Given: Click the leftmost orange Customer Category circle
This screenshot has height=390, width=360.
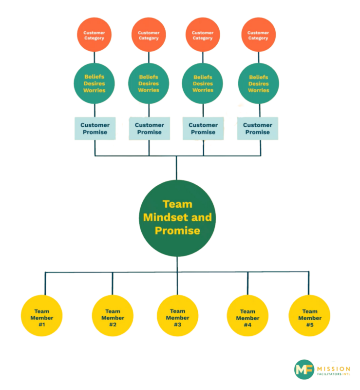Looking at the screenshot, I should [x=94, y=36].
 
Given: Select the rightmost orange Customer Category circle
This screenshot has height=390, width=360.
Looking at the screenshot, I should [x=258, y=36].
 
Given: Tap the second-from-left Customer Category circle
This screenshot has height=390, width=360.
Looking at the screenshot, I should [x=149, y=36].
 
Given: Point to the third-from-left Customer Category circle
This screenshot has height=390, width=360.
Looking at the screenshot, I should [x=203, y=36].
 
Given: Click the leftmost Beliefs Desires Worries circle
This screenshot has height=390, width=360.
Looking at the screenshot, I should [x=94, y=83].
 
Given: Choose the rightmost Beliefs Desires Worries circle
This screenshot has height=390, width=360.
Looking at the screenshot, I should [x=258, y=83].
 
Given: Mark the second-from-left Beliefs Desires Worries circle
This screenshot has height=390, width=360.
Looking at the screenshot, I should [x=149, y=83].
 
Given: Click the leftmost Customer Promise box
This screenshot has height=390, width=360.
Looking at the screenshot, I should [x=95, y=128].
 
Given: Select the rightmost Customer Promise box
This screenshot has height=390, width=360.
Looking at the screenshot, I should [x=258, y=128].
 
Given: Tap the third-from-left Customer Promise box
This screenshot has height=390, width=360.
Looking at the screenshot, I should [x=203, y=128].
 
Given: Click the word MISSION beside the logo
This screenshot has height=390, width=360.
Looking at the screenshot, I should [x=334, y=367].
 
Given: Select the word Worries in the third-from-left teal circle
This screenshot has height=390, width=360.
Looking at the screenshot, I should [x=203, y=90].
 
